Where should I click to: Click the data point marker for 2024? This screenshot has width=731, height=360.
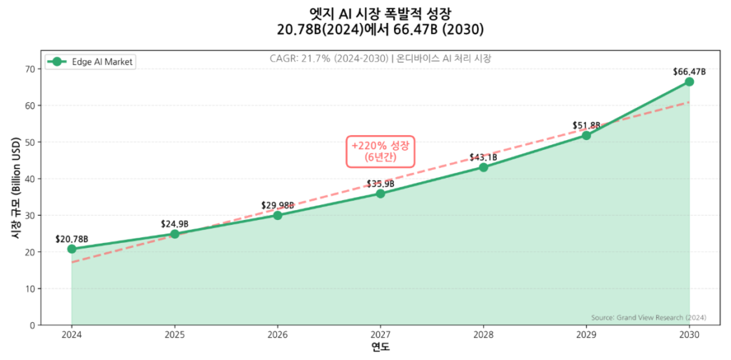(x=71, y=249)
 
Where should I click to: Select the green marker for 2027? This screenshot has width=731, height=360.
(x=380, y=194)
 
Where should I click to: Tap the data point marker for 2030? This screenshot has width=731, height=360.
(x=689, y=81)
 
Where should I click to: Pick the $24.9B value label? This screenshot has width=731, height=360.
(x=175, y=224)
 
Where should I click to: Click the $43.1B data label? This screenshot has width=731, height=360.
(x=483, y=157)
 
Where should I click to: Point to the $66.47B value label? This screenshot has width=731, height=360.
(x=689, y=71)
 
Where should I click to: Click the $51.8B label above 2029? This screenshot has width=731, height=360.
(x=586, y=125)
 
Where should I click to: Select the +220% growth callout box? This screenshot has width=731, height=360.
(x=380, y=151)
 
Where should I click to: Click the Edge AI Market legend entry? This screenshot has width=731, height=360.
(x=89, y=62)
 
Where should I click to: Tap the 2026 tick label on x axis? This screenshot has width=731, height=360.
(x=278, y=334)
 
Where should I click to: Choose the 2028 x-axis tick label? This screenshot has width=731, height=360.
(x=483, y=334)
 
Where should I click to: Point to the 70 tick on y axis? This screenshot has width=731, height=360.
(x=30, y=69)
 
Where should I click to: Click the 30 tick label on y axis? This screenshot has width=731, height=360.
(x=30, y=216)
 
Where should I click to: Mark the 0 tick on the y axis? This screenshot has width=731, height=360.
(x=33, y=326)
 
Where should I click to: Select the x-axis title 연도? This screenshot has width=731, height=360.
(x=380, y=347)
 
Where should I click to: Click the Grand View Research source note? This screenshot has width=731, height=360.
(x=649, y=317)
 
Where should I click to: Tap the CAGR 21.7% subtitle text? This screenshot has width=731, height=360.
(x=380, y=58)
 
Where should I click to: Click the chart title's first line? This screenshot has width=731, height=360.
(x=380, y=14)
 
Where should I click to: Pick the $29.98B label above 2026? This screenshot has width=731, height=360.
(x=278, y=205)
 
